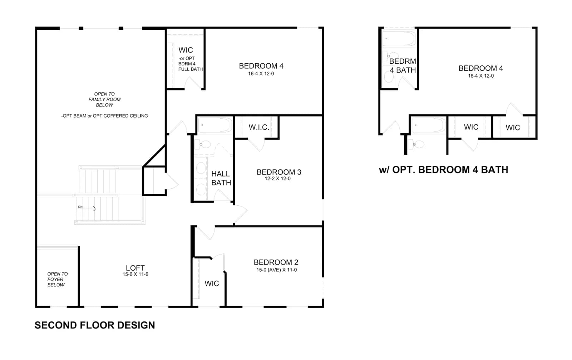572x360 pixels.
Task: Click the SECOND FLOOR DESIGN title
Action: coord(95,325)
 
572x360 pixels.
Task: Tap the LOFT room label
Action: coord(135,268)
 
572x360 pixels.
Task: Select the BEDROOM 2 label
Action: coord(276,262)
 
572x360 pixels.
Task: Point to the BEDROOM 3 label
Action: coord(279,172)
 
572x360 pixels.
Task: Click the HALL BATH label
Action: coord(221,178)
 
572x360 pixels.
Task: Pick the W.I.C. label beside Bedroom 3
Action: coord(259,127)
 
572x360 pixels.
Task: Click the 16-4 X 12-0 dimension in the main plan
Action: coord(261,74)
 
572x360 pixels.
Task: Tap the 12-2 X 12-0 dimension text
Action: coord(277,178)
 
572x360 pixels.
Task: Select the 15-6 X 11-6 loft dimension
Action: coord(135,274)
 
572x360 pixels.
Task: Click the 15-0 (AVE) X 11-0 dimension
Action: coord(277,270)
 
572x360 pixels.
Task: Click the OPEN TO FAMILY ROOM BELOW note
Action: coord(104,99)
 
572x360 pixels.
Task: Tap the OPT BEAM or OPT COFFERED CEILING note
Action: coord(104,116)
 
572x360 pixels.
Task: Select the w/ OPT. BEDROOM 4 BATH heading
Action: coord(444,170)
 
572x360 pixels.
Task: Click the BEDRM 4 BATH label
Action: coord(403,66)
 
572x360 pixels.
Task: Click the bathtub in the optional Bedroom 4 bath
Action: coord(399,39)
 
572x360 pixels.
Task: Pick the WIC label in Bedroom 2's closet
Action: coord(212,283)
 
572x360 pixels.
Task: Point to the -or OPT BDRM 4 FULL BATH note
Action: coord(191,64)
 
